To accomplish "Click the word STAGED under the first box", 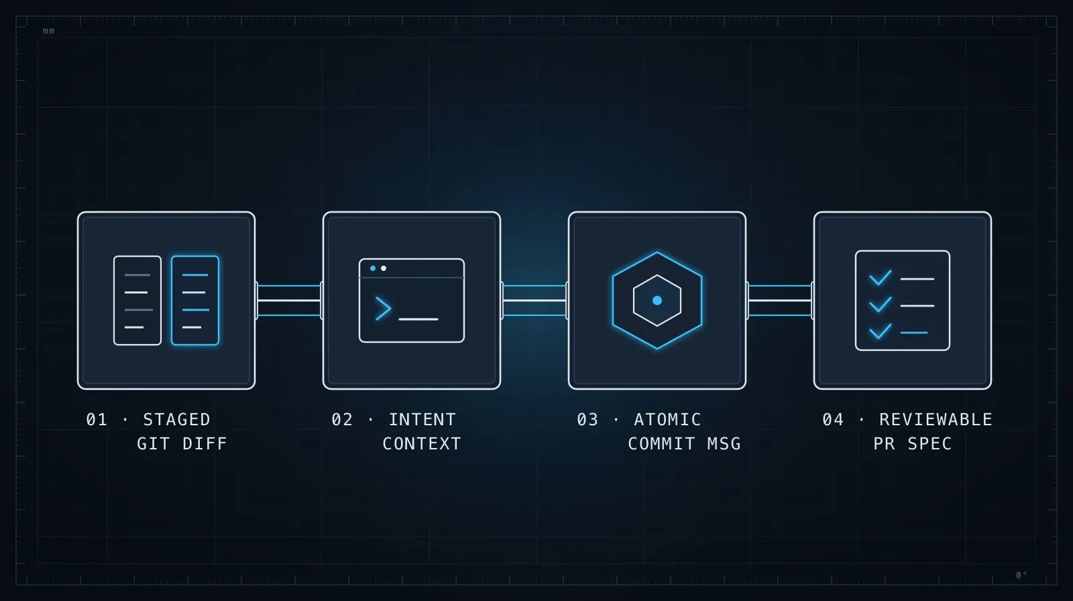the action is point(177,420).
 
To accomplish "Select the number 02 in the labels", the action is point(342,420).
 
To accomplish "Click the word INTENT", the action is point(422,420).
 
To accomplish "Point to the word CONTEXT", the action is point(422,444).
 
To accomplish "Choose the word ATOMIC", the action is point(667,420).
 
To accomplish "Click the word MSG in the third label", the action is point(724,444).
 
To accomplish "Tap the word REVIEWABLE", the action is point(936,420).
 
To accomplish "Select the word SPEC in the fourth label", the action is point(929,444).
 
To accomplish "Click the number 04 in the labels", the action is point(833,420).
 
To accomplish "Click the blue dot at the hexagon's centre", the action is point(657,300).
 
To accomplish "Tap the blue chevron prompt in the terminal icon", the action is point(383,308).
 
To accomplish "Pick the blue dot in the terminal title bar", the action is point(373,268).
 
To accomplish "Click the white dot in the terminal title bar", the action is point(383,268).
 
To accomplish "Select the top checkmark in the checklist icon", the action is point(881,278).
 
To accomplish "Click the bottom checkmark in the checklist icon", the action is point(881,331).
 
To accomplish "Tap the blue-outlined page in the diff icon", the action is point(195,300).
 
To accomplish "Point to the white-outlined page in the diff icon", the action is point(137,300).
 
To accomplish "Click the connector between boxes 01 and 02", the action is point(289,300).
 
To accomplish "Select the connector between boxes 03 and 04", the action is point(780,300).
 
